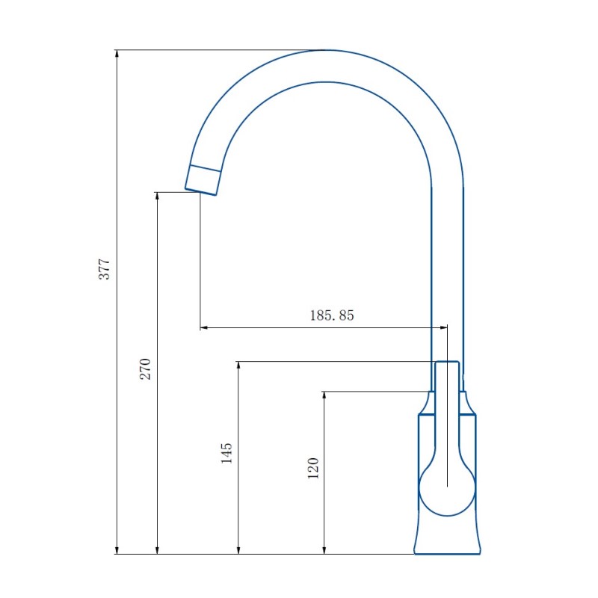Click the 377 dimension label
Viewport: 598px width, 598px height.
[105, 269]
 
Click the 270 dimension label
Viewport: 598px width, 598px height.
[147, 369]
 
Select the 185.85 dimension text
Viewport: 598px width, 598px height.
[332, 315]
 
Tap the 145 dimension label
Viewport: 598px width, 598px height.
[227, 453]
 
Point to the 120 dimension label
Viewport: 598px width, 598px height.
[313, 468]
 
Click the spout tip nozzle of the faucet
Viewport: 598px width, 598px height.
[203, 179]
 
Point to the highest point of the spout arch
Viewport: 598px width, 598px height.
[324, 51]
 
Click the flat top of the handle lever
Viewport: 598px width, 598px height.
[446, 363]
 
